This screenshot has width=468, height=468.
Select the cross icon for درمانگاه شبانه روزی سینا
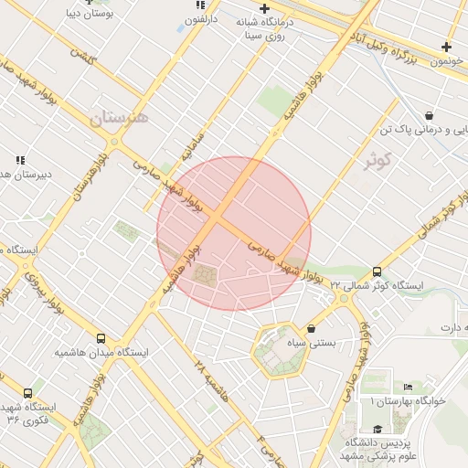(265, 8)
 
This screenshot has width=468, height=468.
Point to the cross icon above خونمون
(446, 47)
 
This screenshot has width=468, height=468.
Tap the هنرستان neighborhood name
(119, 118)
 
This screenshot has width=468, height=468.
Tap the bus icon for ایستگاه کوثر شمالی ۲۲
(377, 271)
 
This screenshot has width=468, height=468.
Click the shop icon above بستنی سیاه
(312, 328)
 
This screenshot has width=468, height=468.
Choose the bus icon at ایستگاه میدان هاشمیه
(101, 338)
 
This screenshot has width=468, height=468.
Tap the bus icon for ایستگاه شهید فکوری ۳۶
(27, 393)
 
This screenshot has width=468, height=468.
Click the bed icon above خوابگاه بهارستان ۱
(408, 387)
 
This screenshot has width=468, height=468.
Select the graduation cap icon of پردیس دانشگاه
(377, 429)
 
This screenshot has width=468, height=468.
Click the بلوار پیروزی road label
(44, 292)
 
